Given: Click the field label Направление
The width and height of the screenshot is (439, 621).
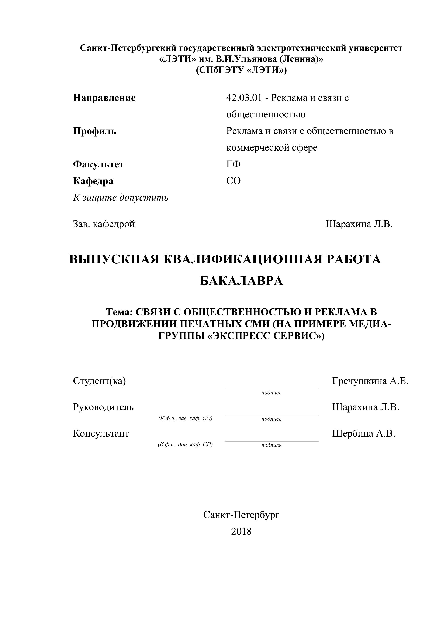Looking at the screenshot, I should click(104, 98).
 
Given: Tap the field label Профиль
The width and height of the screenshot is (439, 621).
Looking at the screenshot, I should click(95, 131).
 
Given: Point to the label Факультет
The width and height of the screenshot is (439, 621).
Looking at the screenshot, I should click(98, 164).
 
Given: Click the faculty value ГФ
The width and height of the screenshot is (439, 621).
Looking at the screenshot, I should click(233, 164).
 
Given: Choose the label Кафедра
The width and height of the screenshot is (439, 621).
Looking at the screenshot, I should click(93, 181).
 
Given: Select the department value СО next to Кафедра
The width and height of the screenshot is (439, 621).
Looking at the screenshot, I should click(233, 181).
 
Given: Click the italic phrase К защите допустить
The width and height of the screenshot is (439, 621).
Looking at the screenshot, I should click(121, 198).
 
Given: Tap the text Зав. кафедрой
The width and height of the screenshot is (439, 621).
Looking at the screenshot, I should click(104, 224).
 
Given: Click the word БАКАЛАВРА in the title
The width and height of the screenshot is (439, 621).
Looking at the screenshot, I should click(241, 281).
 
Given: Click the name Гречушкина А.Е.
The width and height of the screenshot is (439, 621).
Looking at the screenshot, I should click(370, 381).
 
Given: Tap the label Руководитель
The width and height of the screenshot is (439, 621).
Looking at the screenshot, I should click(103, 407).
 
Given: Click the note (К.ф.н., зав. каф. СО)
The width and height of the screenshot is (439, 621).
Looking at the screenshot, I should click(185, 418).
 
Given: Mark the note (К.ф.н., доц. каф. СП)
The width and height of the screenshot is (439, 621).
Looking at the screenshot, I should click(185, 444).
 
